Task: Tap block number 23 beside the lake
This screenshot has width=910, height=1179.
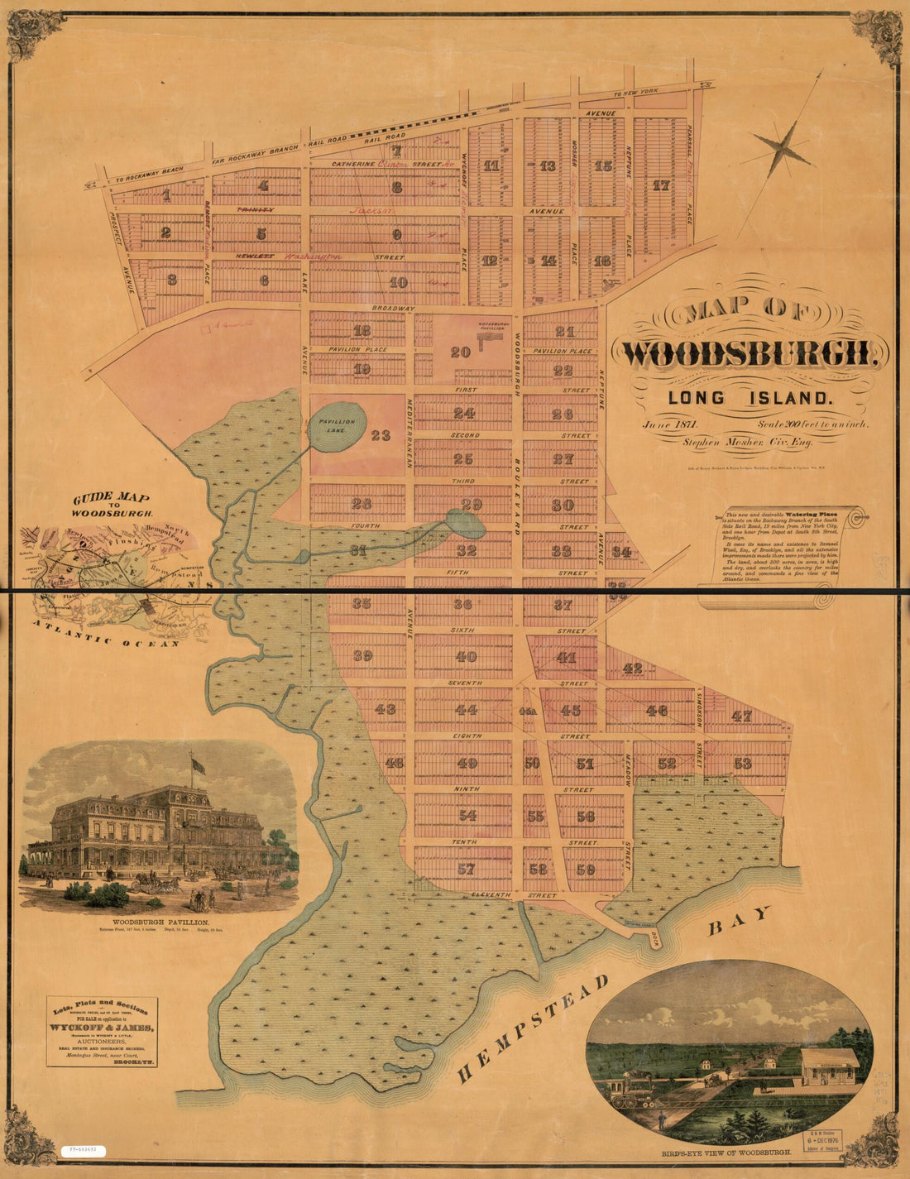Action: [380, 435]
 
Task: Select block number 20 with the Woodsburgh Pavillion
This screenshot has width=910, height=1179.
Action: [460, 352]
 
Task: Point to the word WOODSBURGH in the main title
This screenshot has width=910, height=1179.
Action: [754, 354]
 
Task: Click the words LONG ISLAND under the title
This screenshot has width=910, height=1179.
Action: [750, 398]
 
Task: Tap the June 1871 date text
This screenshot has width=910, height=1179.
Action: [671, 424]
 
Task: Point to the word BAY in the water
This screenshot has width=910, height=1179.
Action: [738, 921]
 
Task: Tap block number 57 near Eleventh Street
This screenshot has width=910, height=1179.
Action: [466, 870]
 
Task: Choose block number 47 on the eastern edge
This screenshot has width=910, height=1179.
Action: [741, 717]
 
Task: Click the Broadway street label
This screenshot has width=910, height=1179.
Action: [393, 309]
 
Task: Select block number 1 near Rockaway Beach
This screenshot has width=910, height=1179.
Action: [166, 196]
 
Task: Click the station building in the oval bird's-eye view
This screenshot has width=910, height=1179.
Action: [829, 1066]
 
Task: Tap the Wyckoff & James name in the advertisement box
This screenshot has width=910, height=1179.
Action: [101, 1028]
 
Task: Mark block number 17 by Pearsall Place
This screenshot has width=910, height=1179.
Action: [659, 185]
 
